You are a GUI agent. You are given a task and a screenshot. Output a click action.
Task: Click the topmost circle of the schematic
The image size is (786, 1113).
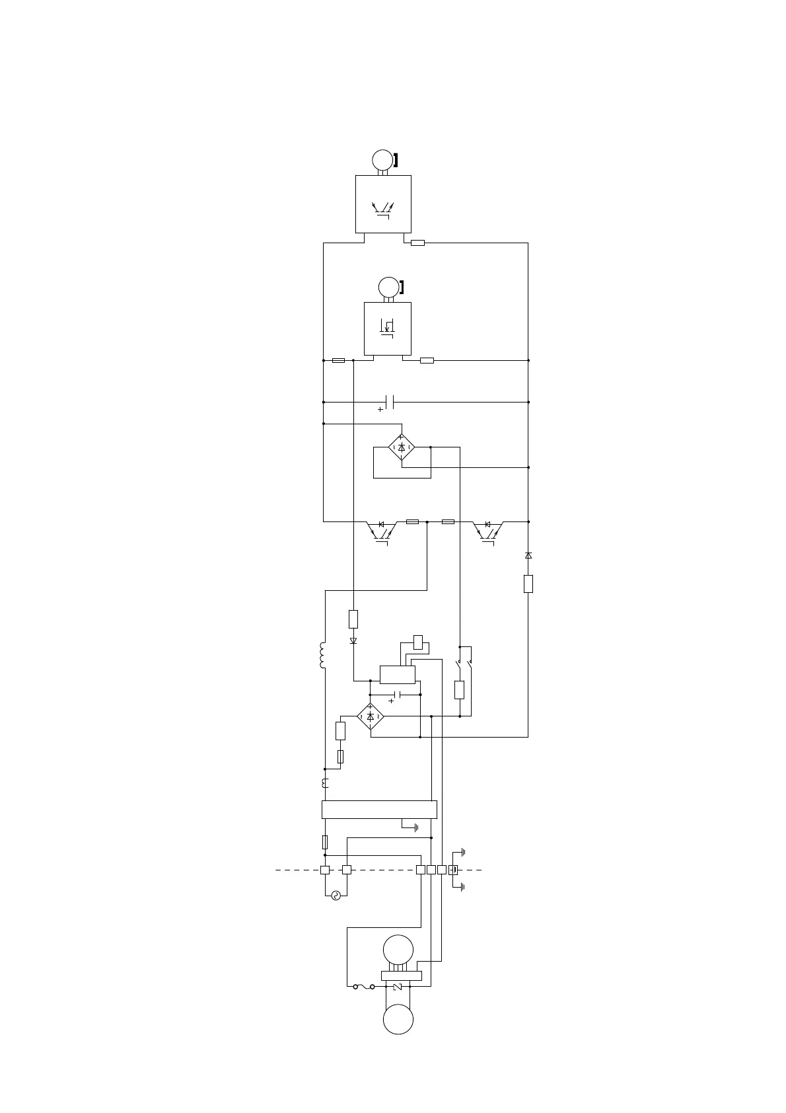tap(382, 160)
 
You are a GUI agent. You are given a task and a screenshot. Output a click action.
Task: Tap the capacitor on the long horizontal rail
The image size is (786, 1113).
tap(390, 402)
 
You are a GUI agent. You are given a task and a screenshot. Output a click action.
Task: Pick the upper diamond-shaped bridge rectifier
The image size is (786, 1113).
tap(402, 447)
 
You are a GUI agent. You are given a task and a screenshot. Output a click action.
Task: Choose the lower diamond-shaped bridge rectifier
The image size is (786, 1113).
tap(371, 716)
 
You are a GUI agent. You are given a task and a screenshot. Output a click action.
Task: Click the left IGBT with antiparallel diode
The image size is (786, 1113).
tap(382, 531)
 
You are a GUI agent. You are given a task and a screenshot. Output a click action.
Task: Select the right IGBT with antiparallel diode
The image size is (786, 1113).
tap(488, 531)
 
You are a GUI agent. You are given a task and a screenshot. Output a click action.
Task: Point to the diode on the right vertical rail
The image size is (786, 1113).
tap(528, 556)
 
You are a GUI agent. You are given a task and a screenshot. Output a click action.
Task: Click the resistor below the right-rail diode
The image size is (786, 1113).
tap(528, 584)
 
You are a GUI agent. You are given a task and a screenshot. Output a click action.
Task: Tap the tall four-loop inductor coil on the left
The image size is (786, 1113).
tap(323, 656)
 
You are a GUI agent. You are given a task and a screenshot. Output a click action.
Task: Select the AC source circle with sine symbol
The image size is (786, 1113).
tap(336, 896)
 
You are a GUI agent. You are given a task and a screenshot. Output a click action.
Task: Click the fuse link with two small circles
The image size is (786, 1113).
tap(364, 987)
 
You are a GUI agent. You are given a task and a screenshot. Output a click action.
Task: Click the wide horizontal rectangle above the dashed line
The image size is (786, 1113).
tap(379, 810)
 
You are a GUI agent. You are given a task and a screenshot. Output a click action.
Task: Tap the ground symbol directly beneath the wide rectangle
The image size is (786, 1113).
tap(416, 827)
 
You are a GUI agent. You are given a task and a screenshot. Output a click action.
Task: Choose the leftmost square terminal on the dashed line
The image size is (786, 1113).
tap(325, 870)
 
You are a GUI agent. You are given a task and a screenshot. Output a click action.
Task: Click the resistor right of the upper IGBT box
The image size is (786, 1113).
tap(417, 243)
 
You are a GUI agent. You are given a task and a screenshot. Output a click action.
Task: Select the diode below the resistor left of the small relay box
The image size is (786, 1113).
tap(353, 641)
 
